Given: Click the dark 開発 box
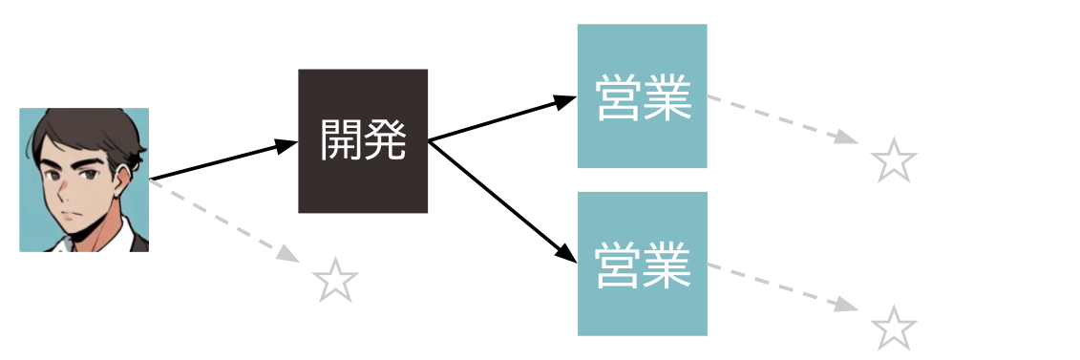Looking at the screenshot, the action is click(363, 141).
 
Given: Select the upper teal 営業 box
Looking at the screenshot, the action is click(642, 95).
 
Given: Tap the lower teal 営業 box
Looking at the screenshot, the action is click(642, 264).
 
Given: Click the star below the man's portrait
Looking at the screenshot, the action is click(336, 281).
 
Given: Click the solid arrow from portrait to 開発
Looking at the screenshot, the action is click(224, 160).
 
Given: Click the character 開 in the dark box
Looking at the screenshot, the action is click(342, 141).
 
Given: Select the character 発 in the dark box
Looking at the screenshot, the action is click(385, 141).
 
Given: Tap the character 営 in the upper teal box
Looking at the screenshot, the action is click(619, 96).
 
